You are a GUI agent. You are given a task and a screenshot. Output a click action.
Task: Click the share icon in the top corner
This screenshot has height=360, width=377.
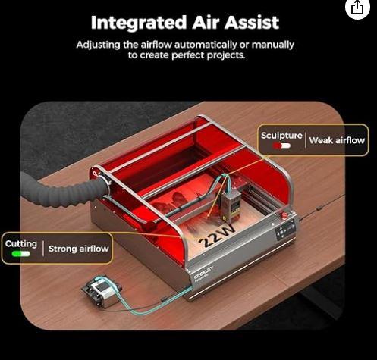point(357,8)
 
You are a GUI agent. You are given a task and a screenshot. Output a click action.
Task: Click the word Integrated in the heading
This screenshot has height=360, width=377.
point(139,23)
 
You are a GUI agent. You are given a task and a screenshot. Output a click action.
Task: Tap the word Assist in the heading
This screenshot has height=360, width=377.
point(251,23)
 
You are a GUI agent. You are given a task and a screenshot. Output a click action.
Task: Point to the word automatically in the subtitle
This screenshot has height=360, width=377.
point(206,45)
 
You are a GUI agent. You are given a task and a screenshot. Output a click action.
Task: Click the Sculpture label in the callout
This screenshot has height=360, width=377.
point(281,136)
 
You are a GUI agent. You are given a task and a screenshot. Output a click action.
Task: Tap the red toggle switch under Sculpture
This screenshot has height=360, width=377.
point(281,146)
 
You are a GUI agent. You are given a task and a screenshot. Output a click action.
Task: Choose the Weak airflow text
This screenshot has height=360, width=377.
point(337,140)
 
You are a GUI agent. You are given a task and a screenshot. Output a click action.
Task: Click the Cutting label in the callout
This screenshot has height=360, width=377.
point(21,244)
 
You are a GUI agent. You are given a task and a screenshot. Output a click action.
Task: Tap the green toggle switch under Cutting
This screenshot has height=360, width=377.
point(20,254)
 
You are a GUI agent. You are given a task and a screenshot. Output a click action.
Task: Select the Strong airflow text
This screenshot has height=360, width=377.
point(78,249)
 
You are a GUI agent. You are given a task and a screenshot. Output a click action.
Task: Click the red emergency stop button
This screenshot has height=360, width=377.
point(284,215)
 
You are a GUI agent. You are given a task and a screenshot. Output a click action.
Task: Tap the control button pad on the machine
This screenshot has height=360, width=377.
point(285,230)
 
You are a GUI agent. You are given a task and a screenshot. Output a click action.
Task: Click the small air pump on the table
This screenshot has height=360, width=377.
point(101,291)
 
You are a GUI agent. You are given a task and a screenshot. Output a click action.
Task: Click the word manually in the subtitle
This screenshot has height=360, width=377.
point(273,45)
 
